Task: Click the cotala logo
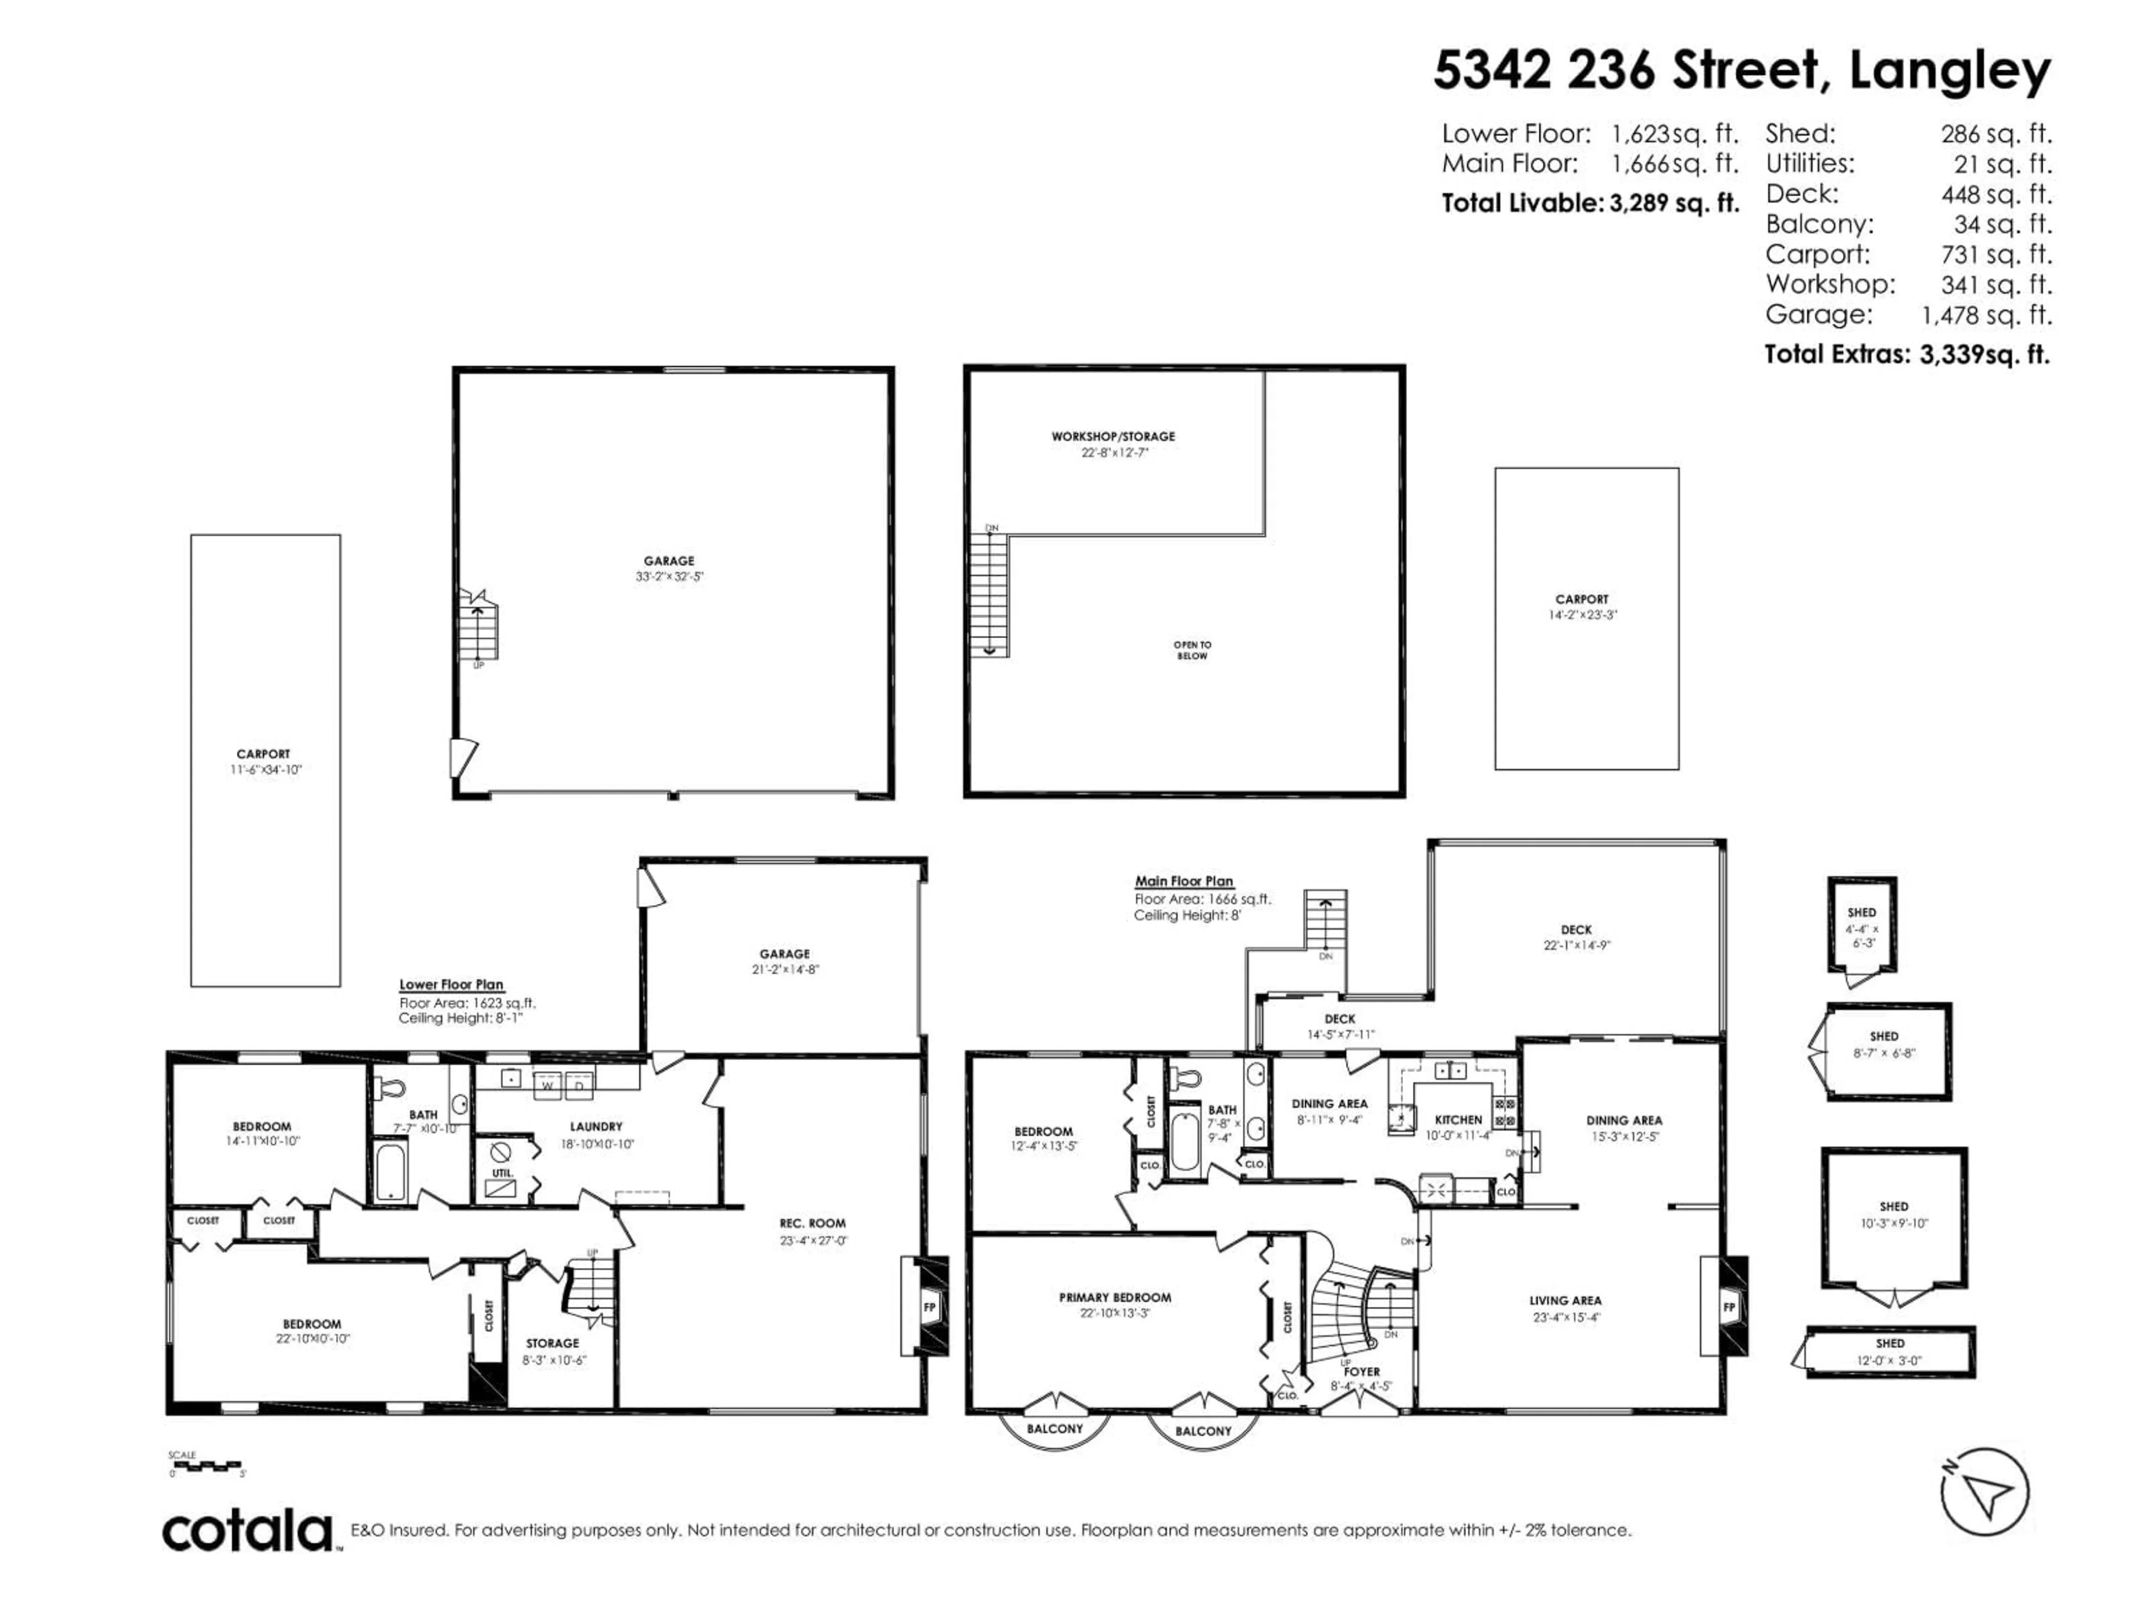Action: pyautogui.click(x=247, y=1532)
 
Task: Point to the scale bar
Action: pyautogui.click(x=208, y=1466)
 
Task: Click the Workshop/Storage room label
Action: pyautogui.click(x=1113, y=437)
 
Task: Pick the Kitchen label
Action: pyautogui.click(x=1458, y=1120)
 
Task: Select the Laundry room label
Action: pyautogui.click(x=596, y=1127)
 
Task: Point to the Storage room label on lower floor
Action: pyautogui.click(x=552, y=1344)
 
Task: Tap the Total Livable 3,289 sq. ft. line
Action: pyautogui.click(x=1590, y=204)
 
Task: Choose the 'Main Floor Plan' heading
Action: pyautogui.click(x=1184, y=882)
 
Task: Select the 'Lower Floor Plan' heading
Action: pyautogui.click(x=451, y=984)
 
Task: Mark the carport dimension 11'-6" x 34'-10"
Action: pyautogui.click(x=266, y=770)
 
